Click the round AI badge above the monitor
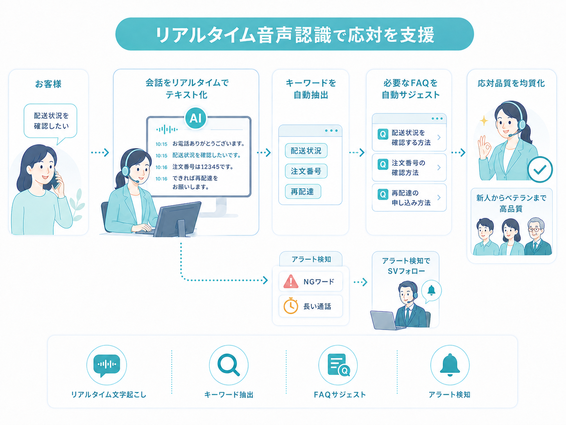point(195,118)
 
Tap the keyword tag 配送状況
point(306,151)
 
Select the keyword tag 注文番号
point(306,171)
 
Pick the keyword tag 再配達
point(303,191)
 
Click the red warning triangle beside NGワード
point(291,281)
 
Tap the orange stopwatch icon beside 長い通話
point(290,306)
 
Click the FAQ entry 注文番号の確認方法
point(409,167)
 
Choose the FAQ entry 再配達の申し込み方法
point(409,198)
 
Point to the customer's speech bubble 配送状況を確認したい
point(50,121)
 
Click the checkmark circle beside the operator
point(540,169)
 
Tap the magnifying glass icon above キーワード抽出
point(228,365)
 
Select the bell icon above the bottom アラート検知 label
point(450,365)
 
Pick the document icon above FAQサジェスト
point(339,365)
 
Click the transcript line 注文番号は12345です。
point(203,167)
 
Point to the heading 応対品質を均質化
point(511,83)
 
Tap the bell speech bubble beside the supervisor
point(432,291)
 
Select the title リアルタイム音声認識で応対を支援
point(294,34)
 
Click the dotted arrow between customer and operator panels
point(100,153)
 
